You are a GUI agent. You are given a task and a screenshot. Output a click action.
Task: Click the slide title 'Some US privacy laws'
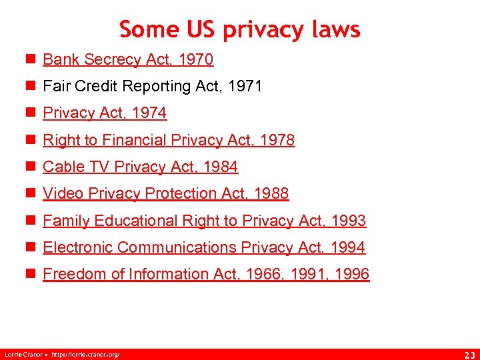click(x=240, y=29)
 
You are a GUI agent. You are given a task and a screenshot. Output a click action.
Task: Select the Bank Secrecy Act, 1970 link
click(x=128, y=59)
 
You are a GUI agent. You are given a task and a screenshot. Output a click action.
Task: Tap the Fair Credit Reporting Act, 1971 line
click(x=152, y=86)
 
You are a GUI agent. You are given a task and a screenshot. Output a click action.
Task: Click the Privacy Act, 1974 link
click(x=105, y=113)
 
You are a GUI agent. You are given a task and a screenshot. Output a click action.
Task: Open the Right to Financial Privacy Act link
click(x=169, y=140)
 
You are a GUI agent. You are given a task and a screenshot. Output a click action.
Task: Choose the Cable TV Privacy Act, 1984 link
click(x=140, y=167)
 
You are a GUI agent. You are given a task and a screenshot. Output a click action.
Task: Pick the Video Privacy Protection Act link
click(x=165, y=193)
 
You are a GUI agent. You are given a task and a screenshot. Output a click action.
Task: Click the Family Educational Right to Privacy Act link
click(x=204, y=221)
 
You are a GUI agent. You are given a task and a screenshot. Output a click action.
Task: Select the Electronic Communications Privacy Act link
click(x=204, y=247)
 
